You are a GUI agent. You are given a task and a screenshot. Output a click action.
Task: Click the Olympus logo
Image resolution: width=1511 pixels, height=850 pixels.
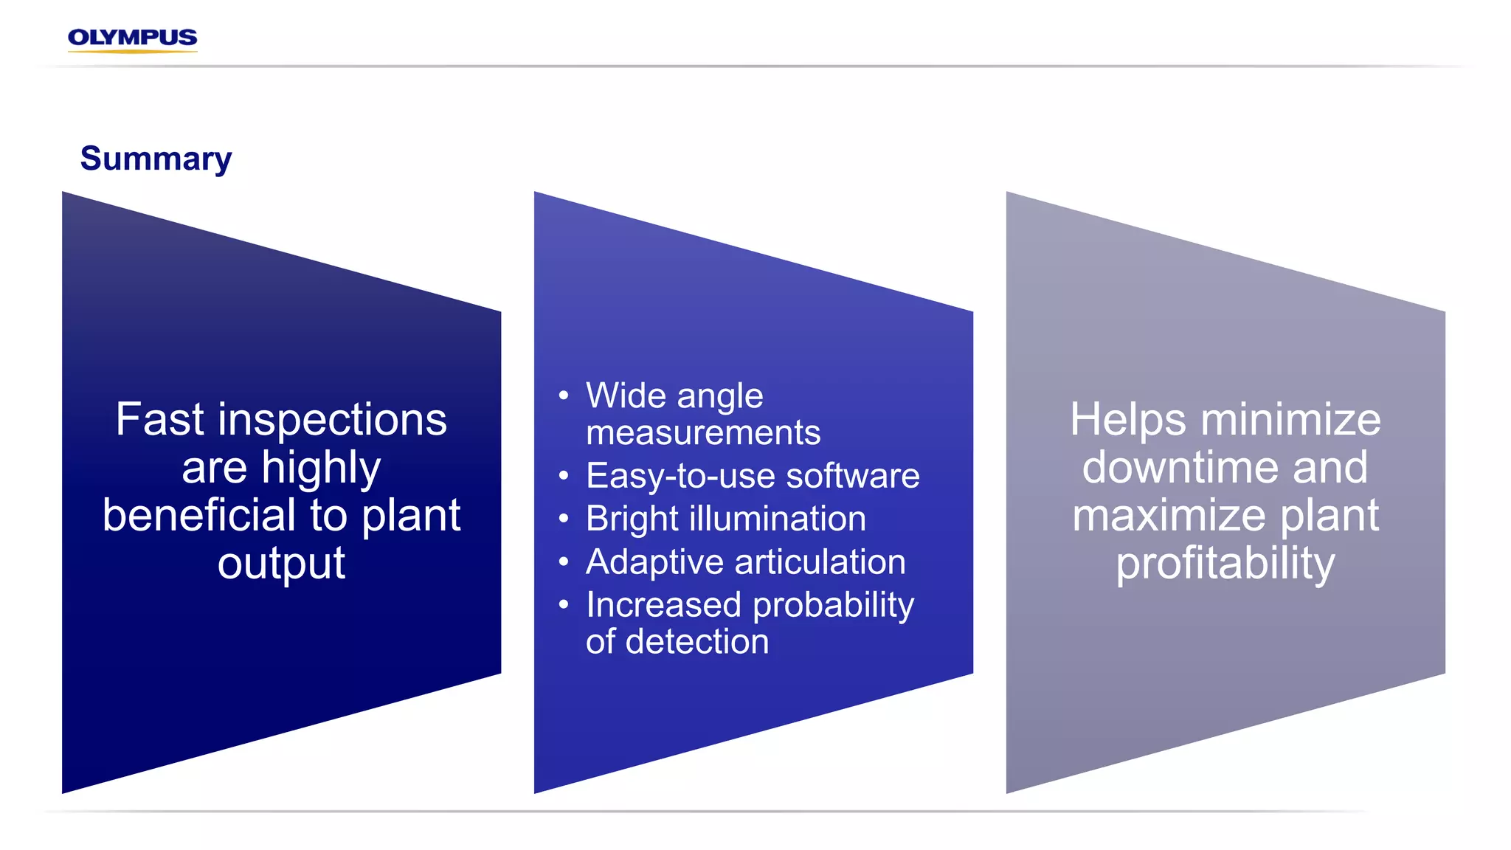(x=132, y=38)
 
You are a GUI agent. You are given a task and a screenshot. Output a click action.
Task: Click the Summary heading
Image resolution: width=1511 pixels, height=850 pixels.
(x=156, y=159)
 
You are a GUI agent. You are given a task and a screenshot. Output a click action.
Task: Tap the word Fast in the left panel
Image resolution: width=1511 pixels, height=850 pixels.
(x=159, y=419)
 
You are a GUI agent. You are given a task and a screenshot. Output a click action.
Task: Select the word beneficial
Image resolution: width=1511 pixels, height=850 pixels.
(x=201, y=515)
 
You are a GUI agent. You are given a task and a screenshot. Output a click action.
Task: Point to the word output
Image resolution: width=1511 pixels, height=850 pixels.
(x=281, y=563)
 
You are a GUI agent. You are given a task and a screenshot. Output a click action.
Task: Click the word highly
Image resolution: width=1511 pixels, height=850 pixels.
(x=321, y=469)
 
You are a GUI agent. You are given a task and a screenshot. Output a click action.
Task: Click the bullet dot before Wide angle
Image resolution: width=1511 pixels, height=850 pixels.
(x=564, y=395)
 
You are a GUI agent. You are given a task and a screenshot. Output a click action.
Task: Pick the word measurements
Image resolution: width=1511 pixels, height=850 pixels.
(x=702, y=432)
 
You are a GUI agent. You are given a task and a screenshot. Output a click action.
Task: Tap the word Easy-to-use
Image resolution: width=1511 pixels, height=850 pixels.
(x=680, y=476)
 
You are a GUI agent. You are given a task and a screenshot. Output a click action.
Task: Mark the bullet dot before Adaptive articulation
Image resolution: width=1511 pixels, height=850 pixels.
(x=564, y=562)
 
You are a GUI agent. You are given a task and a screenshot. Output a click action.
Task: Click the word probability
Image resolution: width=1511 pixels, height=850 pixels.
(x=834, y=606)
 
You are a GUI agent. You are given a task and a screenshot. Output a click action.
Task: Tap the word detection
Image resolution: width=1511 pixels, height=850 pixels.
(x=697, y=642)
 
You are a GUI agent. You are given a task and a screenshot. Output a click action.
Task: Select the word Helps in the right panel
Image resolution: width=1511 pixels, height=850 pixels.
(x=1129, y=421)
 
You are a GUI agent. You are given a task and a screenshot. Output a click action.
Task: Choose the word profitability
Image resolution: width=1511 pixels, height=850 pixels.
(x=1225, y=564)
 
